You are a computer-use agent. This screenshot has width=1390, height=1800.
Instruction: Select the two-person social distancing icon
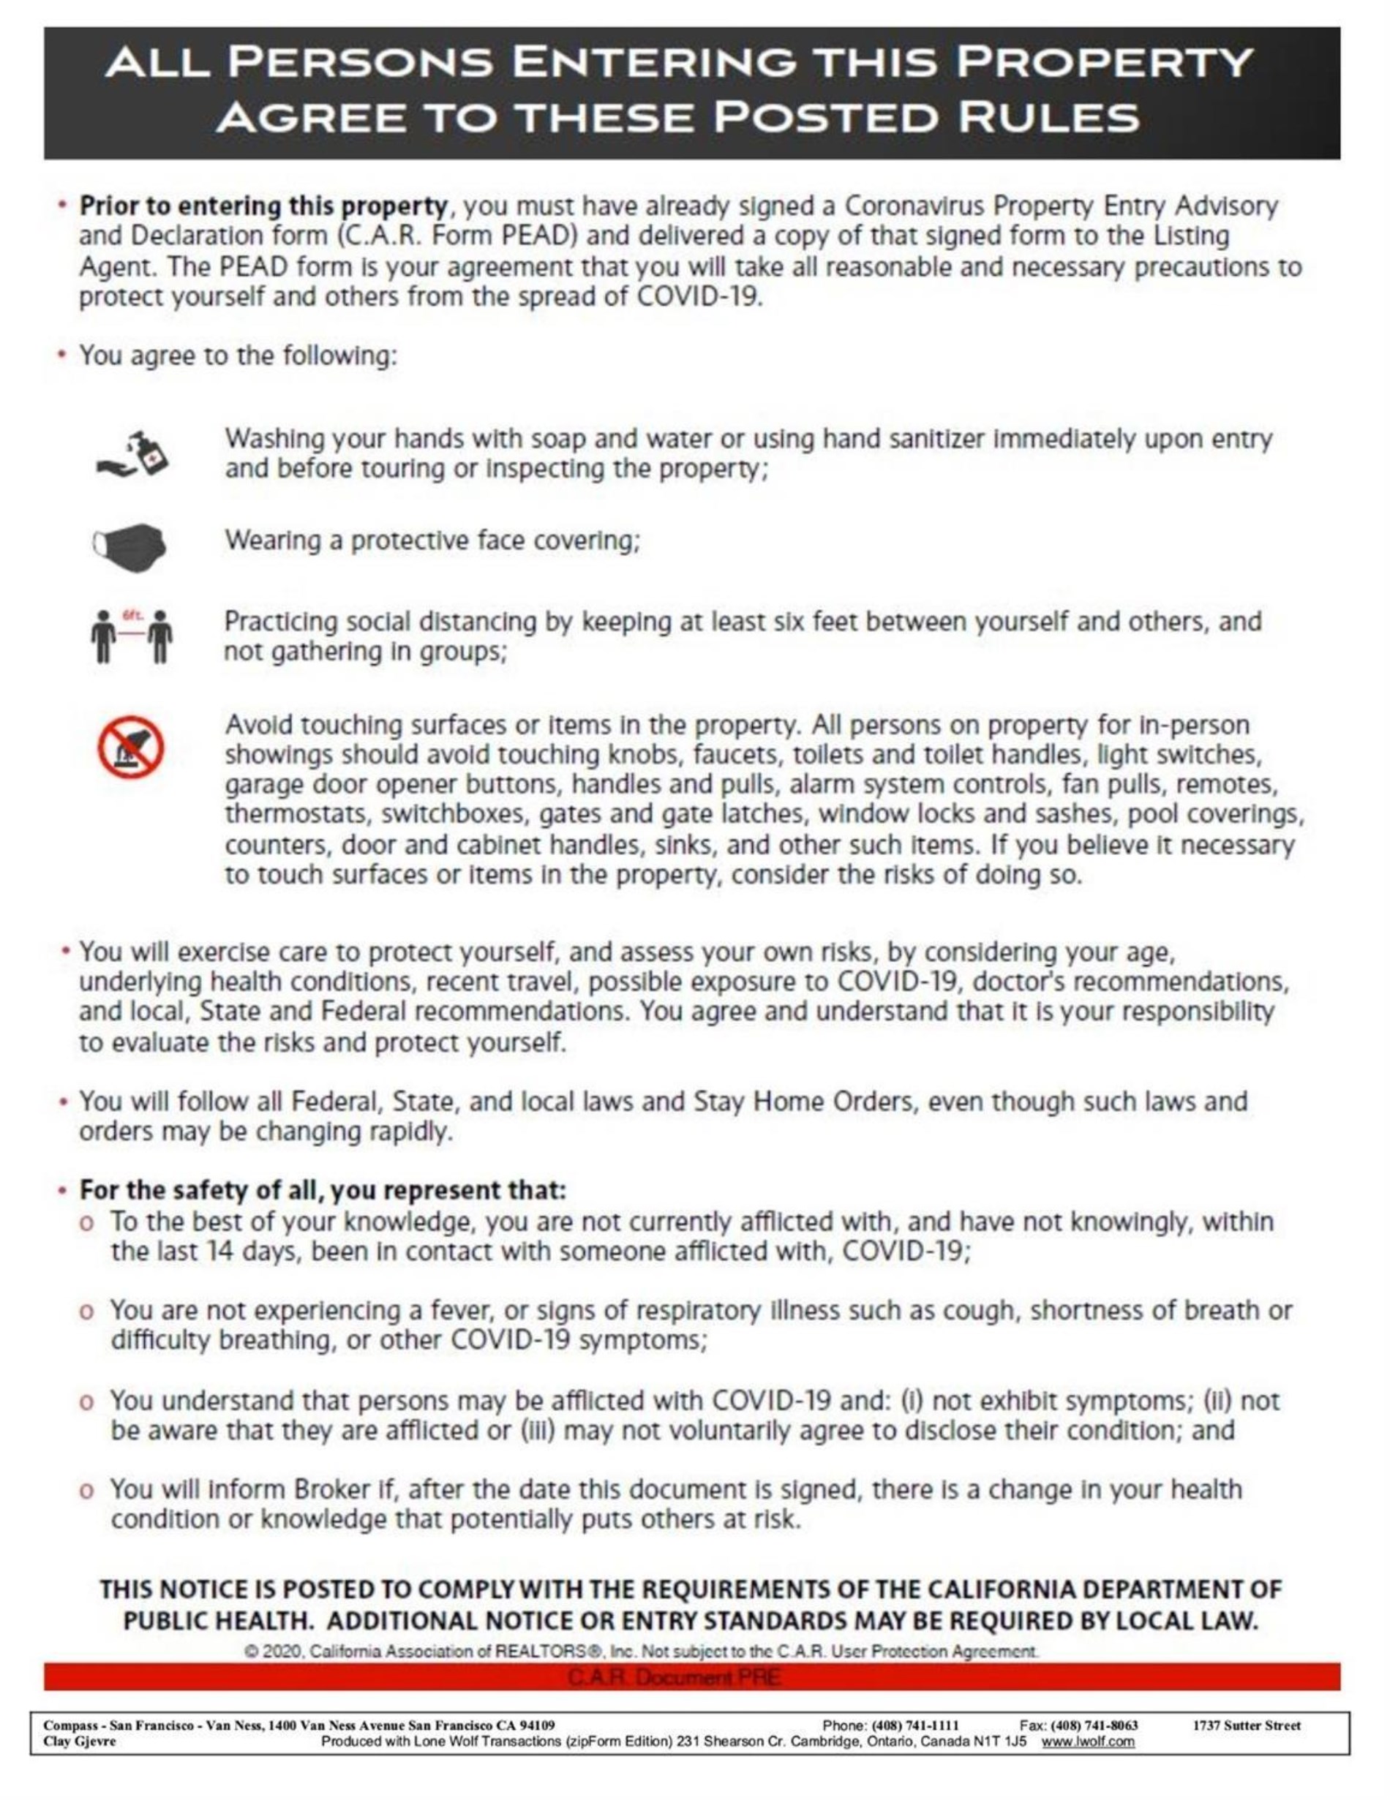click(132, 636)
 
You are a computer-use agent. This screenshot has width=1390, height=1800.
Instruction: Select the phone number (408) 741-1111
click(915, 1725)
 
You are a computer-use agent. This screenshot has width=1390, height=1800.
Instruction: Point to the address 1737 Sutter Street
click(1247, 1725)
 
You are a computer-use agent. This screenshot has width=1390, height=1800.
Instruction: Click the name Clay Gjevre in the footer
click(80, 1741)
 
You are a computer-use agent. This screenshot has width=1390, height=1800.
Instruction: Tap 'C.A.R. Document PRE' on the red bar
click(674, 1677)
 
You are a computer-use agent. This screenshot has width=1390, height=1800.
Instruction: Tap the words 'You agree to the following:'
click(238, 356)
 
